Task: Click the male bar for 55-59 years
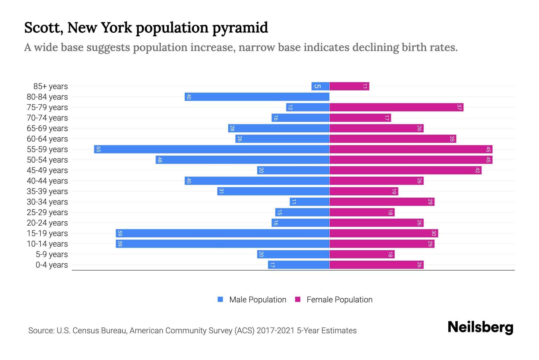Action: point(212,149)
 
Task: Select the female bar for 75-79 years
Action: point(396,107)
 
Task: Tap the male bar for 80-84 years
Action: point(257,97)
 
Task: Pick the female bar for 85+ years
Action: point(349,86)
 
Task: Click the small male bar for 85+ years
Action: point(320,86)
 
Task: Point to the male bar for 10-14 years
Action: point(222,244)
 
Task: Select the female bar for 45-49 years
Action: point(405,170)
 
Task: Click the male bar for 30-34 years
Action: point(309,202)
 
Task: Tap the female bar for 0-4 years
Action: point(376,265)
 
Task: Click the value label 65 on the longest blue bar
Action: point(98,149)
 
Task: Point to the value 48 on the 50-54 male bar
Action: point(160,160)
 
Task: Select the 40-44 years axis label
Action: point(47,181)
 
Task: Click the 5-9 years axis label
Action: point(52,254)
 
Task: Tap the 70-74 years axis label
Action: point(47,118)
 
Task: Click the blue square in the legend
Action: point(220,299)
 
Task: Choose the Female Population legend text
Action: point(339,299)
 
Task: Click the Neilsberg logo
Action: point(480,327)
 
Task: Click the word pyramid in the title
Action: point(240,28)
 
